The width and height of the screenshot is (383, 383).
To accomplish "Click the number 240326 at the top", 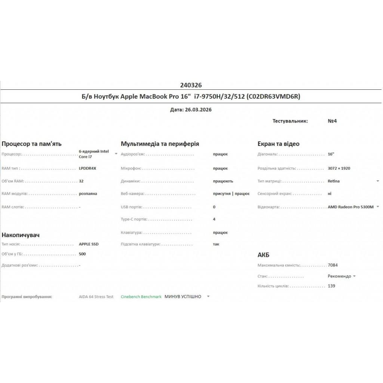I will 191,85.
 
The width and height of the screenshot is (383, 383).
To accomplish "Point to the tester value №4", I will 332,121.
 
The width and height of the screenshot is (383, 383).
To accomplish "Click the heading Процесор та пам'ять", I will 32,144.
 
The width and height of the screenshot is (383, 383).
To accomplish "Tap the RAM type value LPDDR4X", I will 88,168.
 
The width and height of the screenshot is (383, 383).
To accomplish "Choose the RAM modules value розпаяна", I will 88,194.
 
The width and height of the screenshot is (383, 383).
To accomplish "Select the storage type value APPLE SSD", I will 89,244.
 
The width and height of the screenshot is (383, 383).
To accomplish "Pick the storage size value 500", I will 82,254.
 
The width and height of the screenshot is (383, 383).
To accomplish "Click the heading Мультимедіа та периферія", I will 160,144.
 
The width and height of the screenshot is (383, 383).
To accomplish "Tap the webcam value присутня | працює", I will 231,194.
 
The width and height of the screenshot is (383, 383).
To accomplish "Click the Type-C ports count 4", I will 214,219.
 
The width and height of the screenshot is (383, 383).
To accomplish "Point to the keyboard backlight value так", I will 216,244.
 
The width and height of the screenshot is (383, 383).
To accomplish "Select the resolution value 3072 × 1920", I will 338,168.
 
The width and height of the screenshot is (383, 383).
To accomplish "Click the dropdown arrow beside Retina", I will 378,181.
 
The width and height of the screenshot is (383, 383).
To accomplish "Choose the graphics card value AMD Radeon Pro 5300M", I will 350,207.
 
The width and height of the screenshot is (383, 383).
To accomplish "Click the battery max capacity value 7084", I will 333,265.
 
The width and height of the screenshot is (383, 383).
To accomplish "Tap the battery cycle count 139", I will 331,286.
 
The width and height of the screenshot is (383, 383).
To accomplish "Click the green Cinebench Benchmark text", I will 141,297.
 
